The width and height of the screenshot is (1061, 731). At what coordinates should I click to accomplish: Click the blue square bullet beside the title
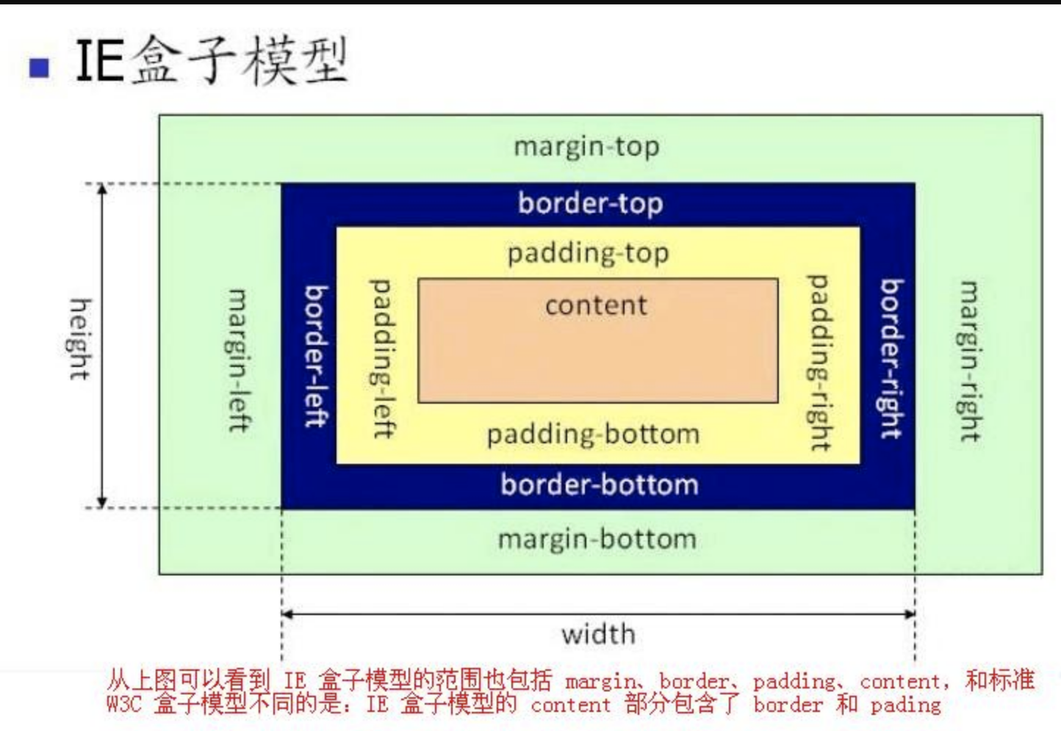[x=39, y=67]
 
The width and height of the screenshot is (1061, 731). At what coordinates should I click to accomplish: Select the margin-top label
[x=586, y=147]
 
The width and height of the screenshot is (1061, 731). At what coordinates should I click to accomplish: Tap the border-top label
[x=590, y=203]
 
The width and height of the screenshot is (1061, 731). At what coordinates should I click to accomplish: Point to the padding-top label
[x=588, y=254]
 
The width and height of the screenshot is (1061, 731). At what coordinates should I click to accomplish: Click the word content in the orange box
[x=596, y=305]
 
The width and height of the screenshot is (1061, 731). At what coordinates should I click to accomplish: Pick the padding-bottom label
[x=593, y=434]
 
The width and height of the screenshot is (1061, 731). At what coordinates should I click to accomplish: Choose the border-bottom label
[x=599, y=485]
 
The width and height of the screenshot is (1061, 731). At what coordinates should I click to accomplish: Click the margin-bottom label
[x=597, y=539]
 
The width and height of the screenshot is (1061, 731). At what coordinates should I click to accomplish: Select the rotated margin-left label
[x=238, y=360]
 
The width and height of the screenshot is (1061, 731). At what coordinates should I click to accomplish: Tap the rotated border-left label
[x=316, y=357]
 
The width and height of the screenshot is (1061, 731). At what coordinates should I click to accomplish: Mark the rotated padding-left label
[x=382, y=358]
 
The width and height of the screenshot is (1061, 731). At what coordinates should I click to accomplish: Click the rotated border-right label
[x=891, y=359]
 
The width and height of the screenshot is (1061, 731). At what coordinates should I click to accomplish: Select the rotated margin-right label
[x=970, y=361]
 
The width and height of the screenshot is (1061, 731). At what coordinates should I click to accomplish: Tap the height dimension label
[x=79, y=339]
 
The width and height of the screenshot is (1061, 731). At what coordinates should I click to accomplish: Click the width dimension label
[x=598, y=634]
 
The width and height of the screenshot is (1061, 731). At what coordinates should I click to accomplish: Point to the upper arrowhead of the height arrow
[x=103, y=190]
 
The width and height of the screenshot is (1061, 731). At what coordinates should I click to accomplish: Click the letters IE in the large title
[x=99, y=60]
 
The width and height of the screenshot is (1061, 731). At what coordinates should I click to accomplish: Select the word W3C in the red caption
[x=123, y=705]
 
